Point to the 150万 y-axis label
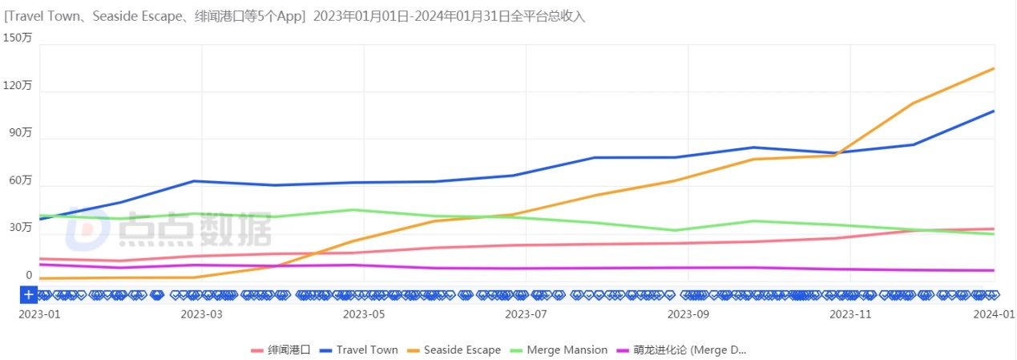pos(17,38)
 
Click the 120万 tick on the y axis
pos(17,85)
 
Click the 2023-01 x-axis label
pos(38,315)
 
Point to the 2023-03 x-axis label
pos(202,315)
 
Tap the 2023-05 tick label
pos(363,315)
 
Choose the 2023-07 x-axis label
pos(526,315)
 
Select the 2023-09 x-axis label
pos(688,315)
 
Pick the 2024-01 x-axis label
pos(994,315)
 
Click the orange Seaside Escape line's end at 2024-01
pos(994,68)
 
